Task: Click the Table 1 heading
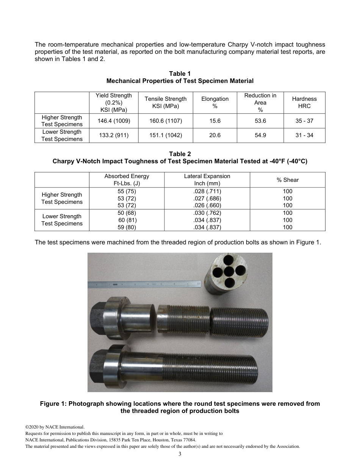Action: (180, 73)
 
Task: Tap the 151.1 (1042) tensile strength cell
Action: (166, 135)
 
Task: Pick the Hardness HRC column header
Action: (304, 102)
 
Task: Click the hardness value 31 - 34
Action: (304, 135)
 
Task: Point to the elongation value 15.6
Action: (214, 121)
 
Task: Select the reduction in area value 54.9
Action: (260, 135)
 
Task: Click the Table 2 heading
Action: (180, 154)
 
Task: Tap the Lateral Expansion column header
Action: (207, 180)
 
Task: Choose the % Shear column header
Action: (288, 180)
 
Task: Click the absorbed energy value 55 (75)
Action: (127, 191)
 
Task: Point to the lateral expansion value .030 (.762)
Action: (207, 213)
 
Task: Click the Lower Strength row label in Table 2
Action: (62, 220)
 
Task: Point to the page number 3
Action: (180, 454)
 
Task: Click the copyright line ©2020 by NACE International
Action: (55, 427)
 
